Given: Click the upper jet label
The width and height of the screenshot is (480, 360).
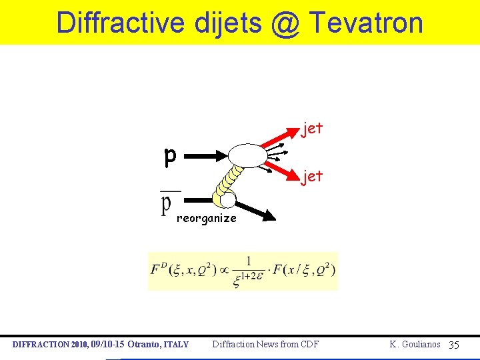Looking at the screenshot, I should click(312, 128).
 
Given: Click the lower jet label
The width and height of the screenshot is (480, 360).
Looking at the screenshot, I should click(312, 177).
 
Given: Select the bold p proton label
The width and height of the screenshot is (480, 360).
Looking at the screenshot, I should click(171, 157).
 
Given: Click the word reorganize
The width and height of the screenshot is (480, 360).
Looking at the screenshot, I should click(206, 218).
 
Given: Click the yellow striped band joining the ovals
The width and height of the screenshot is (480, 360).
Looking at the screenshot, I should click(229, 180).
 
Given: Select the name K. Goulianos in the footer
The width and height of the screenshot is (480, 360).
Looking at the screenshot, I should click(415, 344).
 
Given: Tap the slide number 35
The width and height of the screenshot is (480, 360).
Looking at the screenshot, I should click(454, 345).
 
